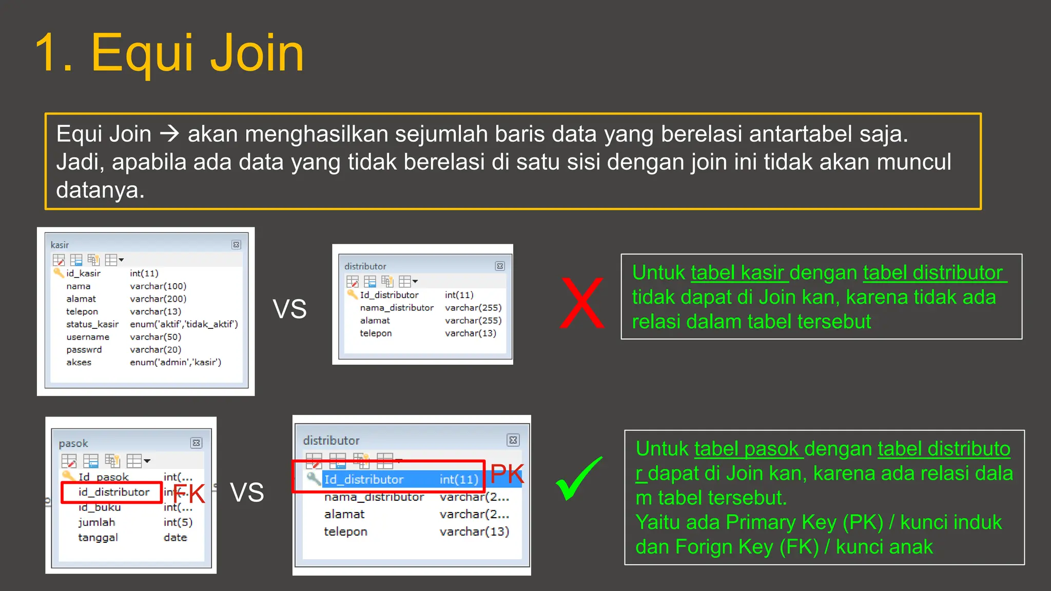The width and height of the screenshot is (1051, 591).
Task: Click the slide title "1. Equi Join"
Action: point(169,53)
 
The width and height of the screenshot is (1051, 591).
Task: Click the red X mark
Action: point(582,303)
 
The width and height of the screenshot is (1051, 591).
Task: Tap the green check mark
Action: point(578,479)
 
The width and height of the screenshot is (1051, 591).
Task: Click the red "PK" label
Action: point(507,474)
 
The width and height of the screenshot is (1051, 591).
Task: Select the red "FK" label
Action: point(189,494)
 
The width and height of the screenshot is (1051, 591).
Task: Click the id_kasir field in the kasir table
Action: point(83,273)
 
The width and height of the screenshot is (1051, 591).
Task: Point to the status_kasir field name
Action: point(92,324)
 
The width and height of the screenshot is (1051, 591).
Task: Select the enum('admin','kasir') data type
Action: point(176,362)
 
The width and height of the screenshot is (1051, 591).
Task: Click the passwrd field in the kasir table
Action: point(84,349)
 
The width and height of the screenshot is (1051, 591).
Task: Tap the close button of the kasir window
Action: point(236,245)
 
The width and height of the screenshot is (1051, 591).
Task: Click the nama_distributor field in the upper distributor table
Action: point(397,308)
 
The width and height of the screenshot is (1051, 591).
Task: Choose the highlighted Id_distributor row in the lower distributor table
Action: point(400,480)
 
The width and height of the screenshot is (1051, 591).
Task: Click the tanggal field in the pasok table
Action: point(98,537)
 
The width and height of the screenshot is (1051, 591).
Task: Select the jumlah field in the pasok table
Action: point(96,522)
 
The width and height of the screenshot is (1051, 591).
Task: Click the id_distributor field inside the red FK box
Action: point(114,492)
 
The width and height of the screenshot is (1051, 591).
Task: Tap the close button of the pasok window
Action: point(197,443)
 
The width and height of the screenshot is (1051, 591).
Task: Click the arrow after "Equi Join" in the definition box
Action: point(169,134)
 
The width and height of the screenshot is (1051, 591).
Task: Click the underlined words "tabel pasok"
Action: point(746,449)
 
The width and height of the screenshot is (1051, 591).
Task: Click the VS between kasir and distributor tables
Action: point(289,309)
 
